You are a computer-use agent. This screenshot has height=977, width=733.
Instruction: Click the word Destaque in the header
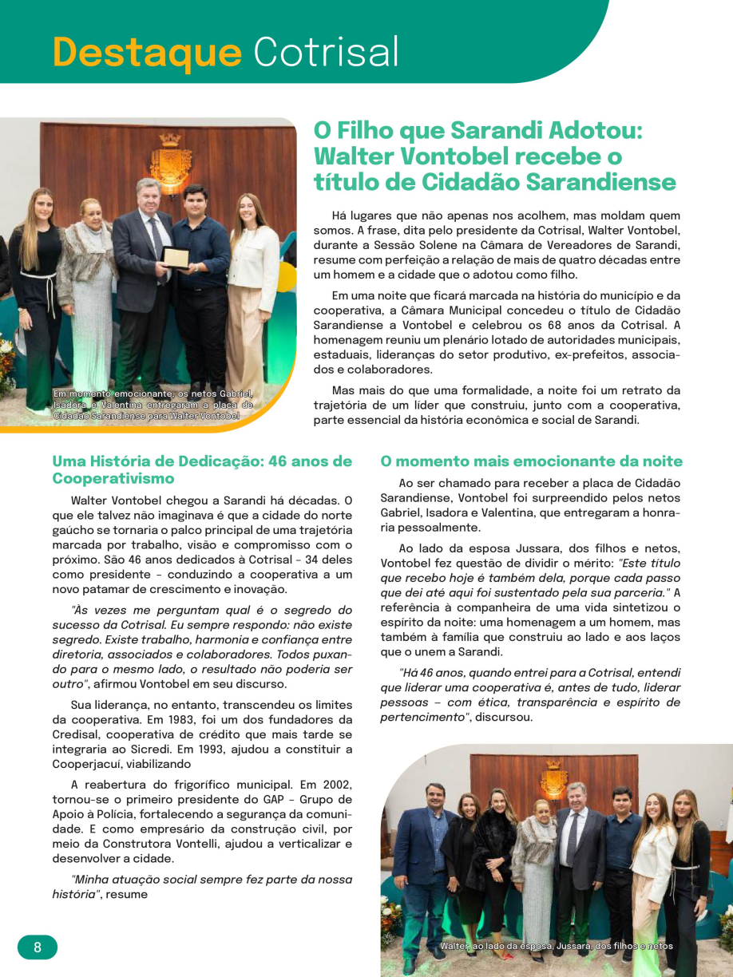pos(147,53)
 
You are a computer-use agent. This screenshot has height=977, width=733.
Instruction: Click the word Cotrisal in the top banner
pos(326,53)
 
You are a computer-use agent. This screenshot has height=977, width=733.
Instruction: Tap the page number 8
pos(38,947)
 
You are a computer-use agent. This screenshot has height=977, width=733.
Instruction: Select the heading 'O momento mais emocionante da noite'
pos(531,461)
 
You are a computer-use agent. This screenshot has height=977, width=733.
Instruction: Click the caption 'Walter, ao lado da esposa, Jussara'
pos(556,947)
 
